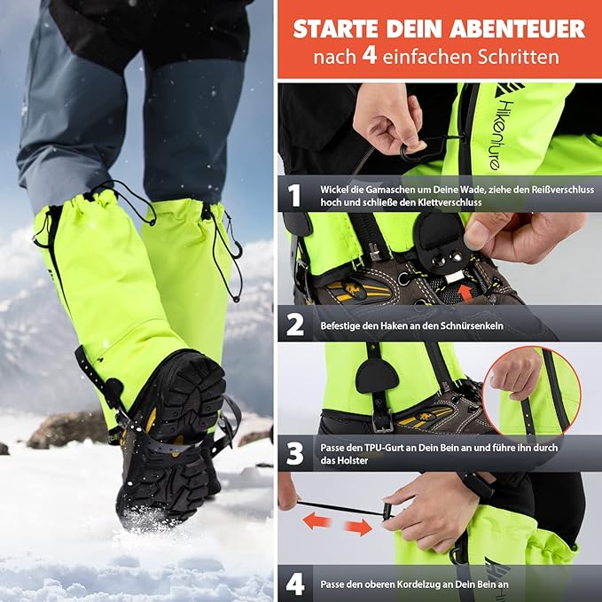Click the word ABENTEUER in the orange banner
[x=517, y=28]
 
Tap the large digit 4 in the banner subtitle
[x=370, y=56]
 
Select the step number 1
[x=294, y=196]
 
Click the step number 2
[x=295, y=325]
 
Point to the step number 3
[x=295, y=454]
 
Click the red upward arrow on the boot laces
[x=465, y=293]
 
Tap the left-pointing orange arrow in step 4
[x=317, y=520]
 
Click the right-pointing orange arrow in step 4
[x=358, y=527]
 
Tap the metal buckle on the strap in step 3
[x=381, y=421]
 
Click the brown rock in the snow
[x=68, y=429]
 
